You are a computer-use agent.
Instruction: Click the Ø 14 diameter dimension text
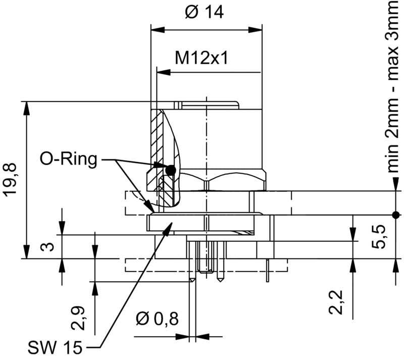(x=204, y=13)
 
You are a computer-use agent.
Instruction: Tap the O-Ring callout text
(x=68, y=160)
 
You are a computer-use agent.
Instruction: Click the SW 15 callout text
(x=55, y=347)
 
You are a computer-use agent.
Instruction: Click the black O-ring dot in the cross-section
(x=171, y=171)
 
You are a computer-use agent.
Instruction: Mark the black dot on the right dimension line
(x=395, y=215)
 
